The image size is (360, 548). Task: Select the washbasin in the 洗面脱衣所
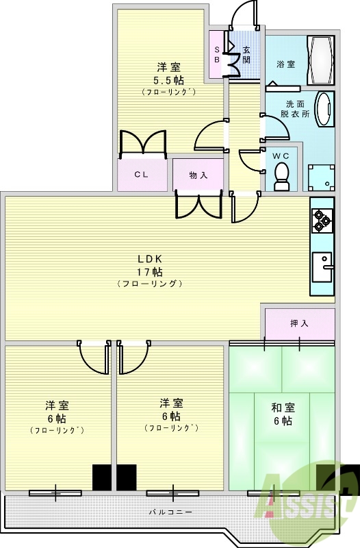[324, 108]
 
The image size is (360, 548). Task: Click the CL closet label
[141, 175]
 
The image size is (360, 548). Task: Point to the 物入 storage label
[198, 175]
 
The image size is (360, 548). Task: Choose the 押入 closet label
[299, 323]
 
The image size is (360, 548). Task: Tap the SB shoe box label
[217, 55]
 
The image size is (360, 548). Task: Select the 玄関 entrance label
[246, 55]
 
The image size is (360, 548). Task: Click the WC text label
[281, 156]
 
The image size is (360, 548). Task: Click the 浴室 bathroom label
[285, 64]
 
